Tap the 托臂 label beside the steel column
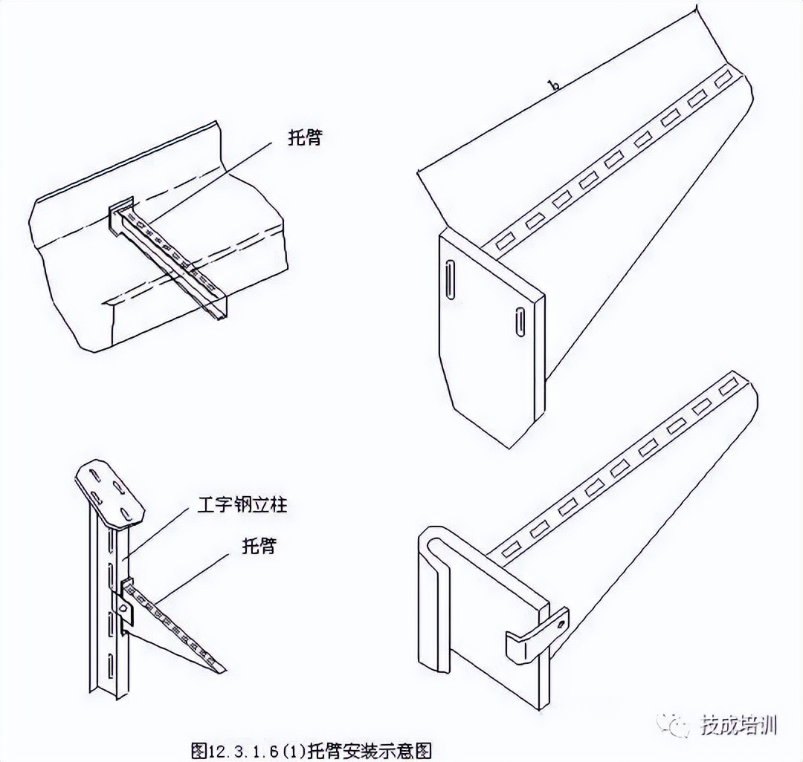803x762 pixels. point(258,547)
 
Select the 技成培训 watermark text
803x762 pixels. point(739,724)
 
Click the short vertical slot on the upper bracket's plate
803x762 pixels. point(518,321)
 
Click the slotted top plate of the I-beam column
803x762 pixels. point(110,490)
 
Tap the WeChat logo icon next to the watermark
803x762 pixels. point(678,723)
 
